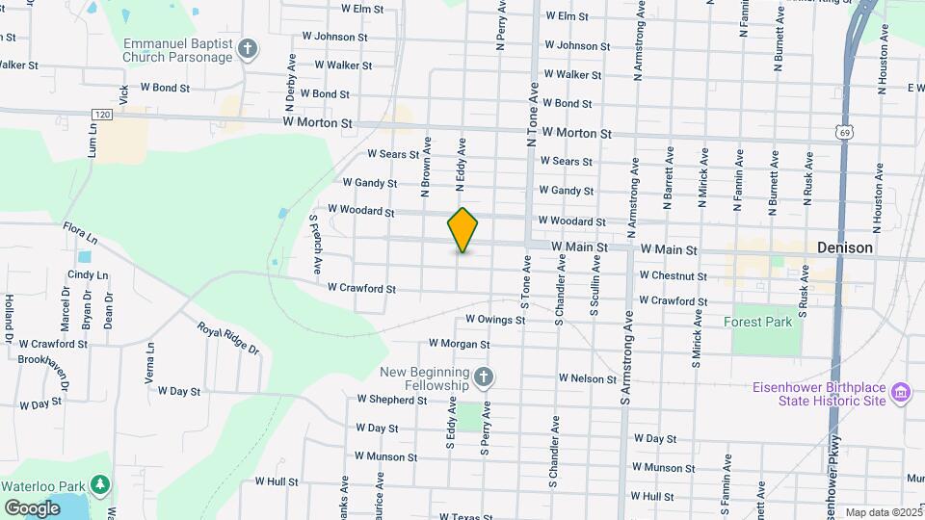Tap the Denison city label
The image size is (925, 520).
pos(844,247)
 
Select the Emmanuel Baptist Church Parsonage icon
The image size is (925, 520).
pos(248,49)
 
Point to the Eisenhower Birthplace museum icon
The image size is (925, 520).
pos(901,392)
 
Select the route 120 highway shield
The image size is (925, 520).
pos(103,114)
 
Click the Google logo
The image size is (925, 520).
pos(33,507)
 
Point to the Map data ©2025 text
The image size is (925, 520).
pos(883,512)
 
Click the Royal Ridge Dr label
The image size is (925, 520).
pos(228,338)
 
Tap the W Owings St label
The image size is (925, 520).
pos(493,319)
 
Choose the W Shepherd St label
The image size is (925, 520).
pos(391,399)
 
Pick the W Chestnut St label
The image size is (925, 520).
pos(673,276)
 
